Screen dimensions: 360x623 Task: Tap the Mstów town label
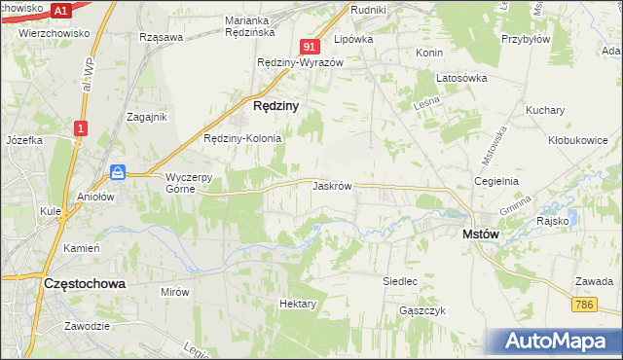480,234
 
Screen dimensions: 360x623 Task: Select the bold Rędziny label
275,104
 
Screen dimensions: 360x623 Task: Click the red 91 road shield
310,47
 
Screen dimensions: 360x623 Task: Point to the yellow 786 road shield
584,305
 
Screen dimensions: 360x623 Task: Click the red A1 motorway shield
61,11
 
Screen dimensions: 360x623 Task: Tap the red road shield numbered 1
81,127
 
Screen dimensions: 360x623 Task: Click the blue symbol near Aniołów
118,172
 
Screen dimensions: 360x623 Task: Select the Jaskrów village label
332,185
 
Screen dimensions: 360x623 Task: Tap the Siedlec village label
400,281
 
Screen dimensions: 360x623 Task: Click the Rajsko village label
552,221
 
